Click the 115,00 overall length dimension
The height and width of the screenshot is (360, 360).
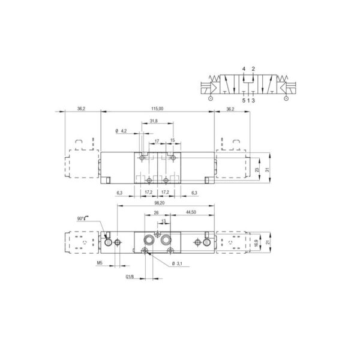[157, 109]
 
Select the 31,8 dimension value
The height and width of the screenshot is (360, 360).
[154, 121]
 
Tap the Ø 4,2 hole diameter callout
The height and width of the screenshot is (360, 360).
[121, 131]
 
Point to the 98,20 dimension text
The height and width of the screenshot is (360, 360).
[160, 203]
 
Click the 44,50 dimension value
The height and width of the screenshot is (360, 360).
[191, 212]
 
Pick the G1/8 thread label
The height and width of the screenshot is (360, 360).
[130, 277]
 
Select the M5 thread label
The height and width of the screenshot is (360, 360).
[100, 263]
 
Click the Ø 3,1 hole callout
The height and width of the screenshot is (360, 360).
[177, 264]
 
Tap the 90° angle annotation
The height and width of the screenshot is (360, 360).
[80, 218]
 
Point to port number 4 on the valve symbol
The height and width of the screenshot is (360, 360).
[244, 68]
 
